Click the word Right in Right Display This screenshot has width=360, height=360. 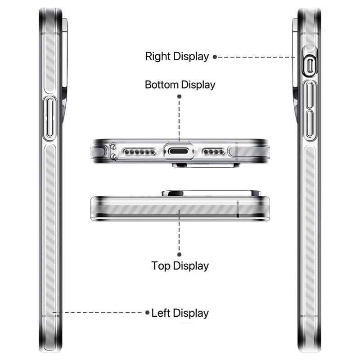click(158, 56)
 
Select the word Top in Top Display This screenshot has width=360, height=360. click(161, 265)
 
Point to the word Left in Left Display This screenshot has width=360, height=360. click(161, 313)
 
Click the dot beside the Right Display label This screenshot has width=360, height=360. click(215, 57)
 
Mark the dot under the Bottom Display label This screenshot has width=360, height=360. click(179, 96)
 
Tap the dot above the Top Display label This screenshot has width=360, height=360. click(179, 254)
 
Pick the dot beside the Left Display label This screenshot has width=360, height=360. click(148, 312)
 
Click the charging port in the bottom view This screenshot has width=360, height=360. click(178, 152)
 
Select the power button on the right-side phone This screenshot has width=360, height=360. click(310, 66)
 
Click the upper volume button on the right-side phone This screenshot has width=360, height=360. click(310, 95)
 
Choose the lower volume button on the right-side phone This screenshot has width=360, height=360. click(310, 124)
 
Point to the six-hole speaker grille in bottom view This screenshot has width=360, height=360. click(139, 152)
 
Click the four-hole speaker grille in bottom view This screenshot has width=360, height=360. click(213, 152)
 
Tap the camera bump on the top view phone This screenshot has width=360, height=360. click(211, 193)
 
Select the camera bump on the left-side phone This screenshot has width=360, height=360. click(65, 69)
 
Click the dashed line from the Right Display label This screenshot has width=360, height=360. click(256, 57)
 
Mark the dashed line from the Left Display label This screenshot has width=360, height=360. click(98, 312)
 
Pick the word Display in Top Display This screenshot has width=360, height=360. click(191, 266)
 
